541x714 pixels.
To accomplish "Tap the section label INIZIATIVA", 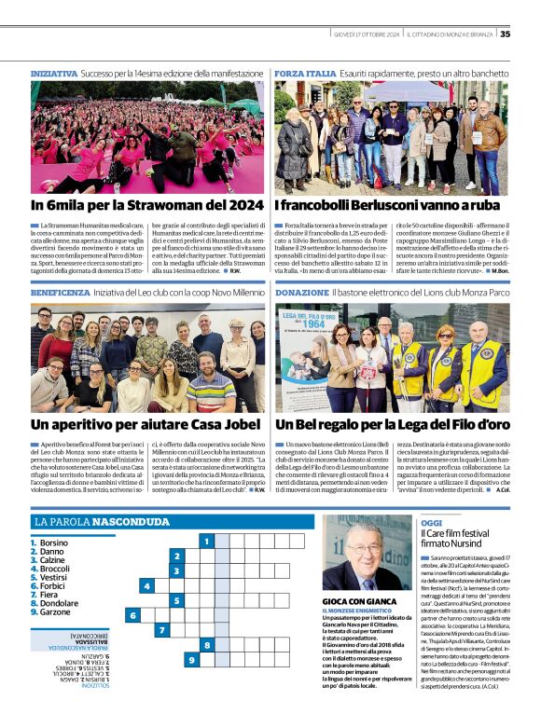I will click(x=53, y=72).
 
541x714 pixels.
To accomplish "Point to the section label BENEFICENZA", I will click(x=60, y=292).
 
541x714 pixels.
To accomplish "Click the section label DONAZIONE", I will click(x=301, y=292).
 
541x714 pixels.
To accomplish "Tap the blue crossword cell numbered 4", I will click(x=146, y=586).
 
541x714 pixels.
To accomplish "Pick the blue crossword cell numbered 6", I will click(x=132, y=615).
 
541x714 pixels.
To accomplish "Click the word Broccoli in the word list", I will click(x=54, y=569).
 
